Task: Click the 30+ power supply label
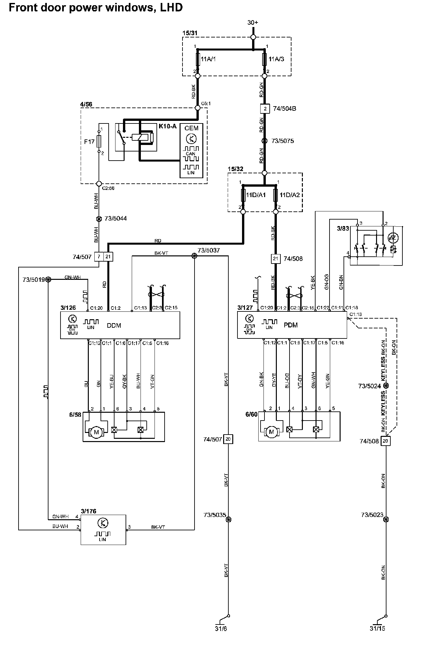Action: point(253,22)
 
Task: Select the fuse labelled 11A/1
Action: point(197,59)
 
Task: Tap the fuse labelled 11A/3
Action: point(264,59)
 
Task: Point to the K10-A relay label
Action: point(168,126)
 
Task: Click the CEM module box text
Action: point(191,128)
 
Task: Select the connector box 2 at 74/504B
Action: point(265,108)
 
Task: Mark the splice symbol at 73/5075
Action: point(264,141)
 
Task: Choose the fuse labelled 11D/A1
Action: point(243,195)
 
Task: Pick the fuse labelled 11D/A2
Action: point(276,195)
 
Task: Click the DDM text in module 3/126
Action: point(114,325)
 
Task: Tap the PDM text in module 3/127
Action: point(290,325)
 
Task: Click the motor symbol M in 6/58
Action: point(96,432)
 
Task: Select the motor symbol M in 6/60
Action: point(272,432)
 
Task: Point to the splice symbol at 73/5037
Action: point(195,256)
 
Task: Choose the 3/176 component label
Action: point(88,511)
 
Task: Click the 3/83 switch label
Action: point(343,228)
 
